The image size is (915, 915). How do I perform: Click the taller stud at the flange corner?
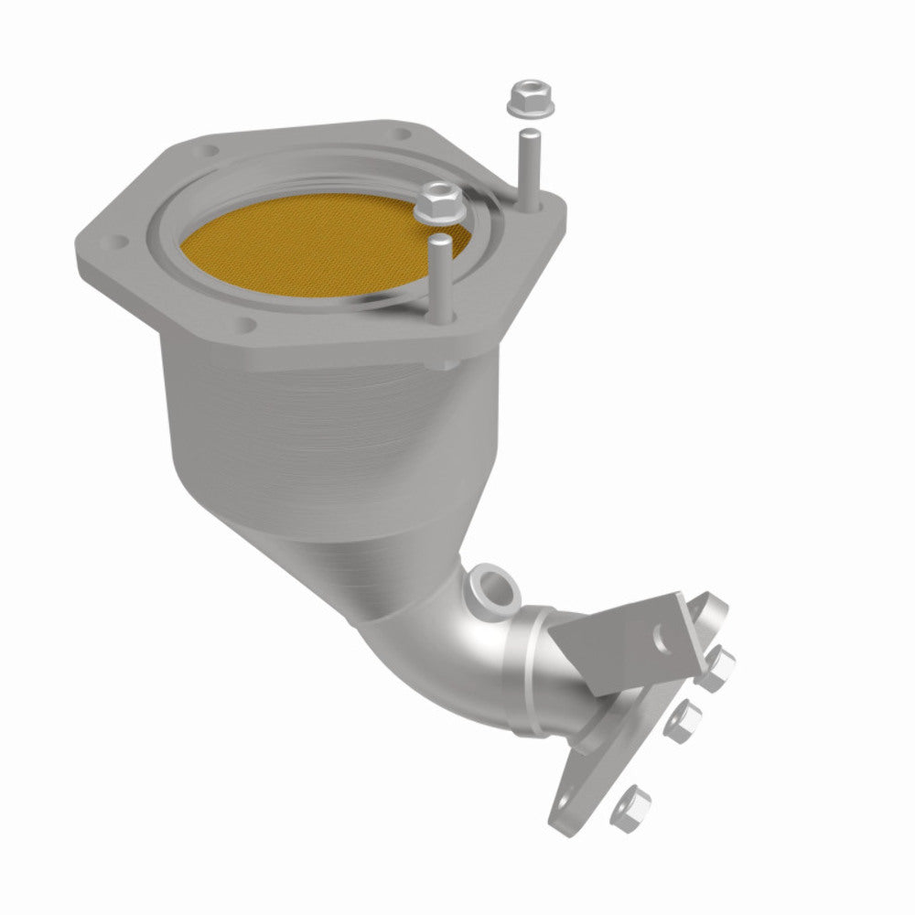(x=529, y=165)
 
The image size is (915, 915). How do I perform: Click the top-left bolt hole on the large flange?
(x=212, y=149)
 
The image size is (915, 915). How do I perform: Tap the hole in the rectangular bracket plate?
(x=660, y=633)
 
